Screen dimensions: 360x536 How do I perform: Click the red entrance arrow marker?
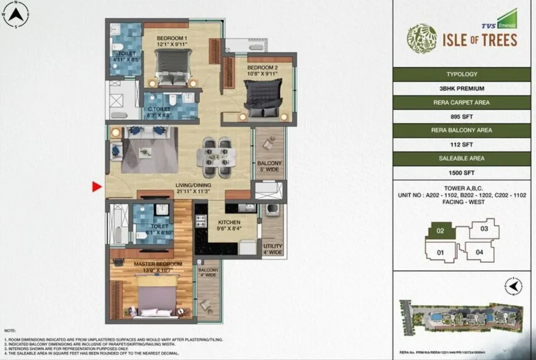click(97, 187)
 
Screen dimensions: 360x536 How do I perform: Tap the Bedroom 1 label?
click(172, 38)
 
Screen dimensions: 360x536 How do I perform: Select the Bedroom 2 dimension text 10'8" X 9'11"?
click(262, 74)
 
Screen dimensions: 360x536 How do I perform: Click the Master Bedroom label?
click(158, 264)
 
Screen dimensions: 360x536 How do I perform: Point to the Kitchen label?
click(229, 222)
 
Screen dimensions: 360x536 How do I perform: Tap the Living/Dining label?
click(193, 185)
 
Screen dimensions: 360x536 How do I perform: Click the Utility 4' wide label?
click(273, 249)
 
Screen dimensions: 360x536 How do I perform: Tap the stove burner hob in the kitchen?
click(201, 222)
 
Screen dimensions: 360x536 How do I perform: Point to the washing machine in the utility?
click(272, 210)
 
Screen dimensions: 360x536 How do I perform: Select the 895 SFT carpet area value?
click(462, 116)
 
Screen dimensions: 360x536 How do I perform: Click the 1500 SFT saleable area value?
click(462, 173)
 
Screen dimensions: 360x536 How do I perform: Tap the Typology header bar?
click(462, 74)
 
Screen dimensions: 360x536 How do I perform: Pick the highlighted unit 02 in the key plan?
click(440, 231)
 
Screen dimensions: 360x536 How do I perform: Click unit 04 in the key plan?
click(479, 252)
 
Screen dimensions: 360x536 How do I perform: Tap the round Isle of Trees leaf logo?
click(422, 39)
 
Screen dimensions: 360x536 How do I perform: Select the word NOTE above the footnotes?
click(10, 330)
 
